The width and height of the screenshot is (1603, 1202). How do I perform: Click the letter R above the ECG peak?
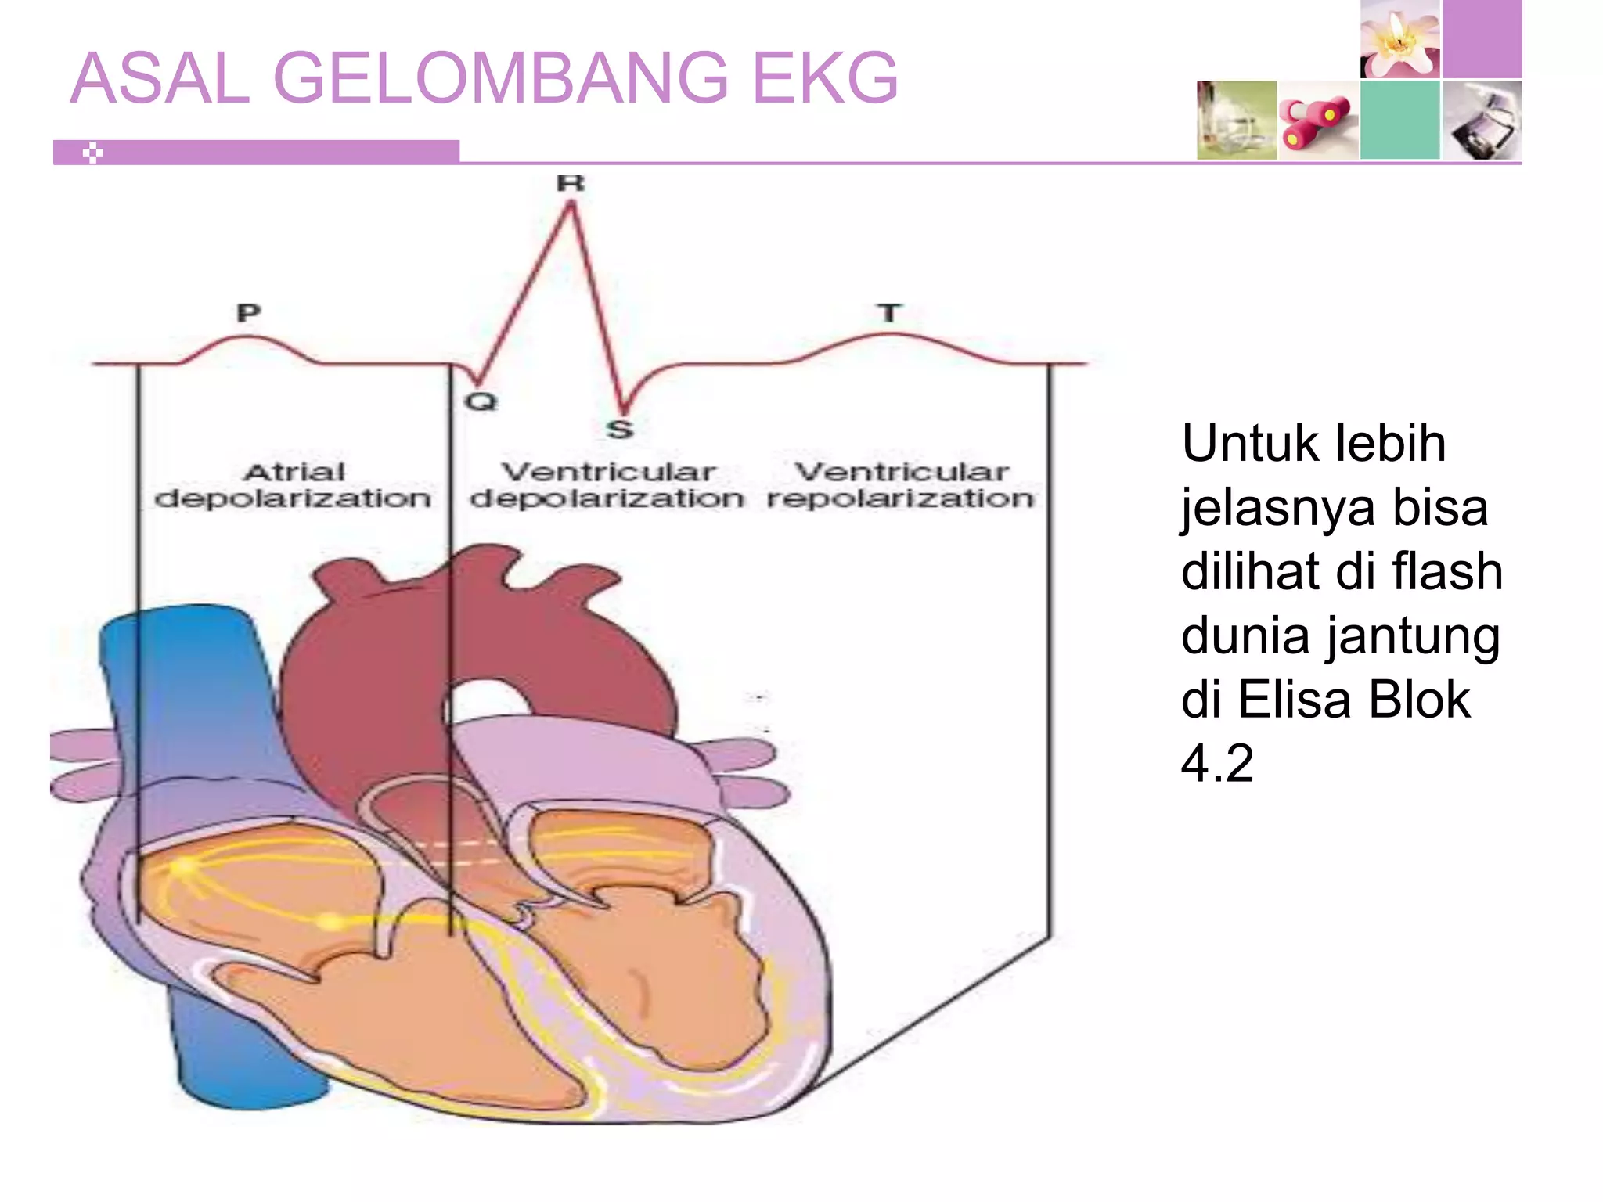tap(570, 183)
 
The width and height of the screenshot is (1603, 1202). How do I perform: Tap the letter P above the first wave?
tap(248, 313)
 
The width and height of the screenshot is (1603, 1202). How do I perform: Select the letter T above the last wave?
tap(888, 313)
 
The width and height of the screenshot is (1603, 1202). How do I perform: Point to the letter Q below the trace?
tap(481, 401)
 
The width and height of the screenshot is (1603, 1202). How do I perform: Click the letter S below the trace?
tap(620, 429)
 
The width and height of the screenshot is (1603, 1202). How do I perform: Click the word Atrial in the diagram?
tap(294, 472)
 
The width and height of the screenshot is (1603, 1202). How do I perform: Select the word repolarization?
tap(900, 498)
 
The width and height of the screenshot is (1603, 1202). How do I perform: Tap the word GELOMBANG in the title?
tap(500, 78)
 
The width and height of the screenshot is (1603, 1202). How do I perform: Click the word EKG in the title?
tap(825, 78)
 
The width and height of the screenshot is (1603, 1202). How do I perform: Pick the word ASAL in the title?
tap(160, 78)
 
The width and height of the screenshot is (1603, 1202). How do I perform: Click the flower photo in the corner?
tap(1399, 39)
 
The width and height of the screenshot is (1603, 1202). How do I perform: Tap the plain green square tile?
tap(1399, 121)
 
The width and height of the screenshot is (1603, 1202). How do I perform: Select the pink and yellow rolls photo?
tap(1318, 121)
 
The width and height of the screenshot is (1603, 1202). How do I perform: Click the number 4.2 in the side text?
tap(1217, 763)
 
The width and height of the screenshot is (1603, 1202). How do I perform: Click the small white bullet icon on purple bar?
tap(93, 153)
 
